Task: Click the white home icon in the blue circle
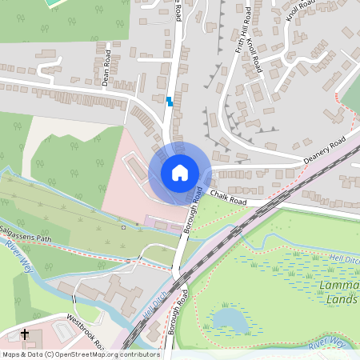180,172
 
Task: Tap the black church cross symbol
25,334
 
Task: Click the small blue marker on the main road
170,101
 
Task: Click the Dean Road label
106,68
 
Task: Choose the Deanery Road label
323,154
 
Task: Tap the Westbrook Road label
86,328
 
